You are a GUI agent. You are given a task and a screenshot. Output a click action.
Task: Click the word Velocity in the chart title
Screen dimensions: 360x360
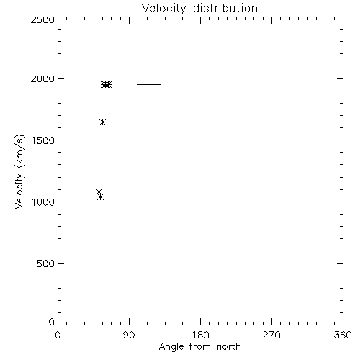pyautogui.click(x=163, y=9)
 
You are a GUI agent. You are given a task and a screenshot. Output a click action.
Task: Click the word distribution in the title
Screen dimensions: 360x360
pyautogui.click(x=225, y=8)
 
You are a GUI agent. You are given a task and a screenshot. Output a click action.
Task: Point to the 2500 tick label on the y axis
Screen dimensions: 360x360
pyautogui.click(x=42, y=19)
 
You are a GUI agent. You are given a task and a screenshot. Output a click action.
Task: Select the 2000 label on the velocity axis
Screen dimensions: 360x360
pyautogui.click(x=42, y=78)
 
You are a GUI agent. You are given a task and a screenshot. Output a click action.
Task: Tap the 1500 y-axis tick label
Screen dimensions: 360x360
pyautogui.click(x=43, y=140)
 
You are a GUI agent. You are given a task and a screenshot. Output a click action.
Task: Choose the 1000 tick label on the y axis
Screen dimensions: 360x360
pyautogui.click(x=43, y=202)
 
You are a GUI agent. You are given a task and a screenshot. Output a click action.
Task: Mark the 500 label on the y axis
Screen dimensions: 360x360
pyautogui.click(x=46, y=264)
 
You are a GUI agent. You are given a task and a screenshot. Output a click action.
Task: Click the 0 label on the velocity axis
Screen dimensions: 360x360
pyautogui.click(x=52, y=322)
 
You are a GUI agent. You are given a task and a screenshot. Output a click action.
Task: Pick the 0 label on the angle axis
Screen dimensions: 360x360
pyautogui.click(x=58, y=335)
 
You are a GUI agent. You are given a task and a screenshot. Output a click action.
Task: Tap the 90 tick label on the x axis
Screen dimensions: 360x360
pyautogui.click(x=129, y=335)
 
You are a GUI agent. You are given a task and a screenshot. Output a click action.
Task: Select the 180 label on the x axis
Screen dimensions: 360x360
pyautogui.click(x=200, y=335)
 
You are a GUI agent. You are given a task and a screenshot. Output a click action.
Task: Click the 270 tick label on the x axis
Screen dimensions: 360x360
pyautogui.click(x=271, y=335)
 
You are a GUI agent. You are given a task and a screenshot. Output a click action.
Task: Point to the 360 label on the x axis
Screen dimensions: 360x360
pyautogui.click(x=343, y=335)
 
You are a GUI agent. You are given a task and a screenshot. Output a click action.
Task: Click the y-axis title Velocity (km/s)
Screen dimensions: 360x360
pyautogui.click(x=19, y=171)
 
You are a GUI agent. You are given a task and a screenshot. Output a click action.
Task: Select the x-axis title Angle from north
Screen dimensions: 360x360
pyautogui.click(x=200, y=347)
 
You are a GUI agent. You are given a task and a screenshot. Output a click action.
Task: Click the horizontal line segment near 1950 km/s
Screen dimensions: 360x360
pyautogui.click(x=149, y=84)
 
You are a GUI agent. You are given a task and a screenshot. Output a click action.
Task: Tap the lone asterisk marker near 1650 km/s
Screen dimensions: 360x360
pyautogui.click(x=102, y=122)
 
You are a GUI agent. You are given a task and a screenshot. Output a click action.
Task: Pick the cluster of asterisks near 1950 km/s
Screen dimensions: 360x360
pyautogui.click(x=106, y=85)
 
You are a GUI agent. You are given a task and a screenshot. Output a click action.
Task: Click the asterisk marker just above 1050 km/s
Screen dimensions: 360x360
pyautogui.click(x=99, y=192)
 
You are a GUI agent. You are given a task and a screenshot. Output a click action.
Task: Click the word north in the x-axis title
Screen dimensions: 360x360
pyautogui.click(x=229, y=346)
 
